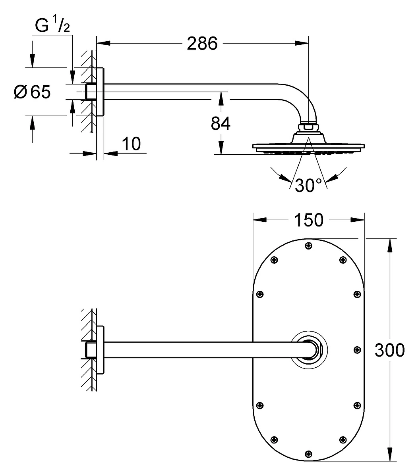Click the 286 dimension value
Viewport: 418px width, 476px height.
pos(202,44)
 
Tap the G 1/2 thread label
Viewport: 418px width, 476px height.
pos(52,25)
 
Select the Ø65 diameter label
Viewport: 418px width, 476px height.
pos(32,92)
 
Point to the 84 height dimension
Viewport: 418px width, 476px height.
pos(221,123)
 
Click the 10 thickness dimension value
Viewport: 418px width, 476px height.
pos(132,144)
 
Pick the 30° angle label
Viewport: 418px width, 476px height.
pos(308,185)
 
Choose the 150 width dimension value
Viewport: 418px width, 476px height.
pos(309,220)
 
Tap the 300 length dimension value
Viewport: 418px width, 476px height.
pos(390,350)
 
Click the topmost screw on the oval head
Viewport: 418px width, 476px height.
pos(309,246)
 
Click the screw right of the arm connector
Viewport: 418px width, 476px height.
pos(357,350)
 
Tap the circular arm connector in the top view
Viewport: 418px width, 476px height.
pos(309,350)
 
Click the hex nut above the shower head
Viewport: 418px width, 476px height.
pos(308,128)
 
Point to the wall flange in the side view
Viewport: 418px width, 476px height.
pos(100,92)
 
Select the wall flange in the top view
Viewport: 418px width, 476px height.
pos(100,350)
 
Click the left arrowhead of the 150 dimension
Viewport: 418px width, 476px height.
pos(260,220)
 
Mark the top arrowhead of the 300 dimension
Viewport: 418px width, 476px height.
pos(390,246)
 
